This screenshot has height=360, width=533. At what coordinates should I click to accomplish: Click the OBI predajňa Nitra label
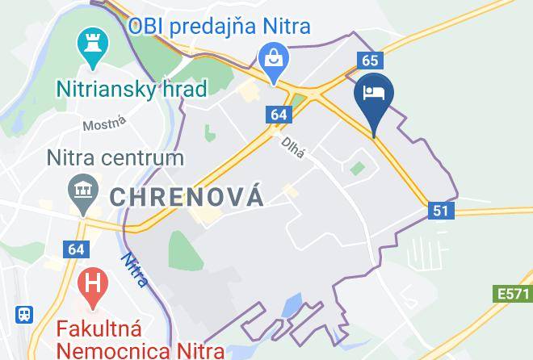pos(220,26)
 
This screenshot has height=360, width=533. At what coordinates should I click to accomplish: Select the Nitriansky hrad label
pos(132,87)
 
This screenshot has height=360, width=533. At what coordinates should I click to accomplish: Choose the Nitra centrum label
pos(115,157)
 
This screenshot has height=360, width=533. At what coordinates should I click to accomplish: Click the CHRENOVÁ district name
pos(186,195)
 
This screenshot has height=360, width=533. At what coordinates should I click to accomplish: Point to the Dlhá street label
pos(292,146)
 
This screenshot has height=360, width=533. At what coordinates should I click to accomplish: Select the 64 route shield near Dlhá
pos(278,115)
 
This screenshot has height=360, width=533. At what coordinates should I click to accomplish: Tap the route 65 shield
pos(370,61)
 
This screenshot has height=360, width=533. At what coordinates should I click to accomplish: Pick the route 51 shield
pos(440,211)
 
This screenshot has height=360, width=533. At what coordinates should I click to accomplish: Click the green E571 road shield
pos(513,295)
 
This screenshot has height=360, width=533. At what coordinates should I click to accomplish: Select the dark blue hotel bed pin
pos(374,94)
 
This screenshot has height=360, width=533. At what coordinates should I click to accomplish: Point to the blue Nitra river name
pos(135,270)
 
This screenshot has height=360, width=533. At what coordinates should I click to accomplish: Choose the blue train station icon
pos(25,313)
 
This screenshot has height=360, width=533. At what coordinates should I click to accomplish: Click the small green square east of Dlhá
pos(356,169)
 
